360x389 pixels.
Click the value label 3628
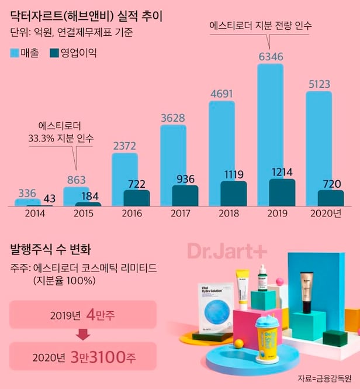click(172, 118)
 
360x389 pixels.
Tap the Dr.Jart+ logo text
click(227, 251)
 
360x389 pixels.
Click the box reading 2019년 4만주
click(83, 314)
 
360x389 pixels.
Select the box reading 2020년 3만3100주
click(83, 355)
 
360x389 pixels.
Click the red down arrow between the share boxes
click(83, 334)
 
